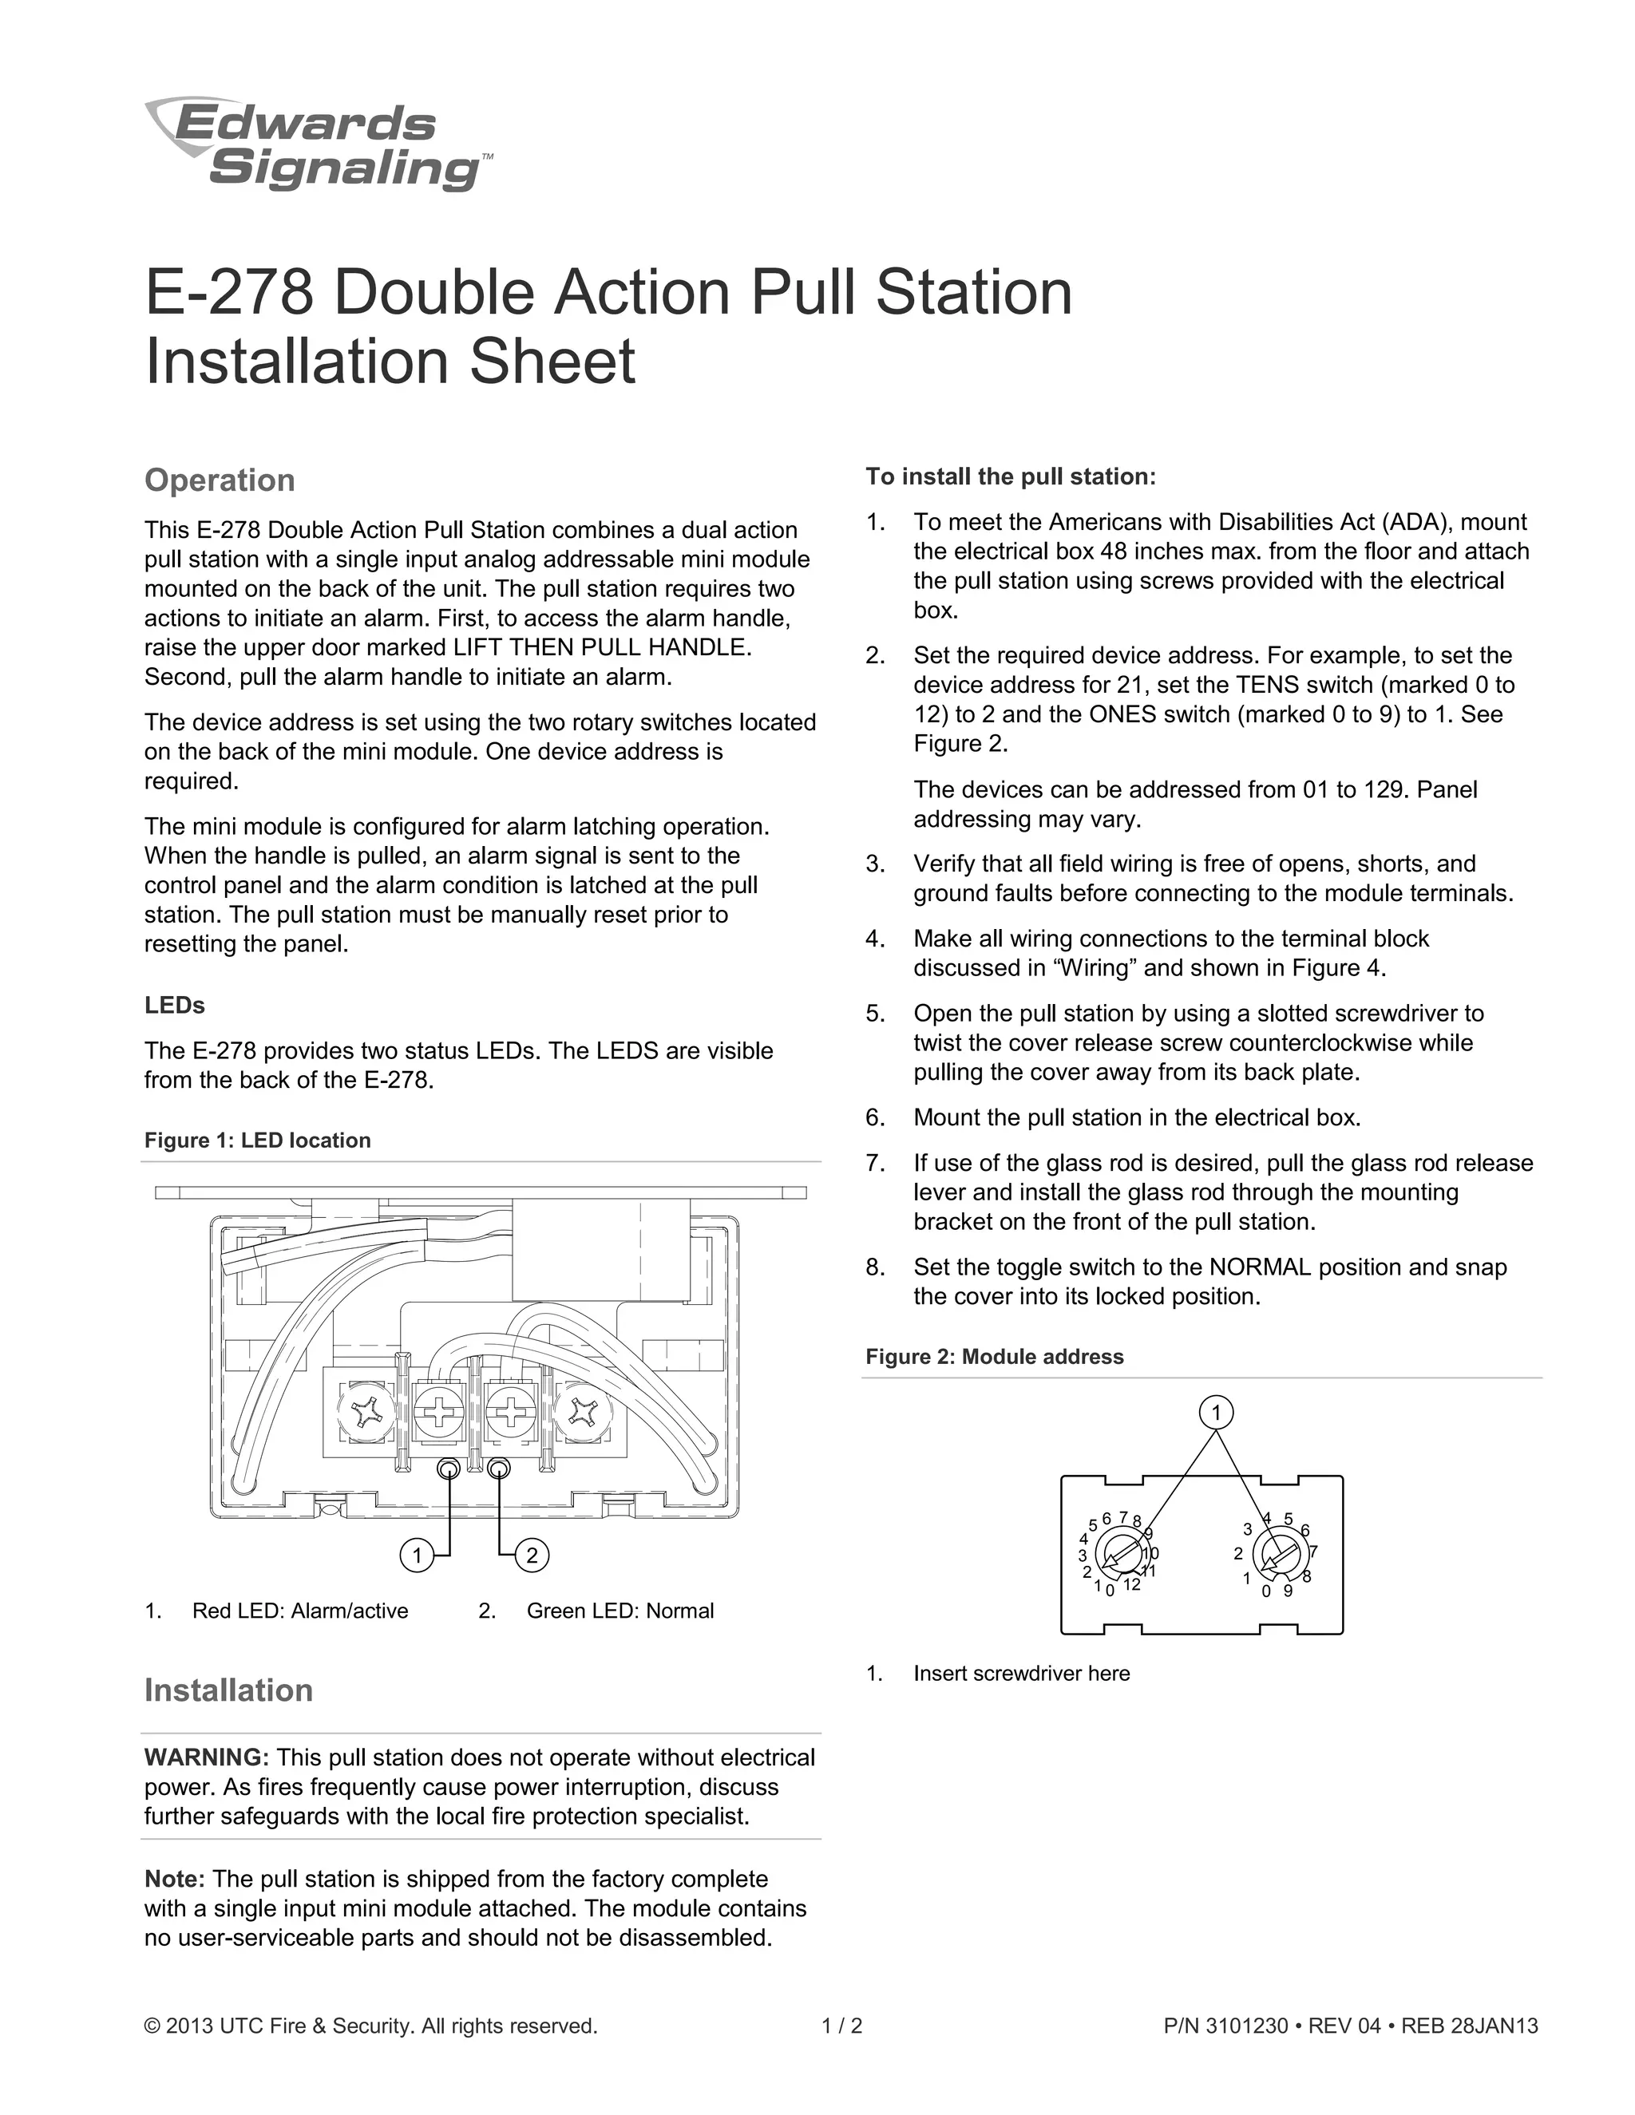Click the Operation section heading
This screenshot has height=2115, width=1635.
(219, 480)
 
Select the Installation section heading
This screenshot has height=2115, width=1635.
(228, 1690)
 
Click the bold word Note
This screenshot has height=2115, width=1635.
(174, 1879)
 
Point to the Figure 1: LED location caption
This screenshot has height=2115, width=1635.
(258, 1141)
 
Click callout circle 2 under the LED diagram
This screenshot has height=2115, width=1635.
(532, 1556)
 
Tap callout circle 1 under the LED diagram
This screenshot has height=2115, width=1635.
(417, 1556)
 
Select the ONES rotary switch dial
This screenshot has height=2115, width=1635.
(1277, 1553)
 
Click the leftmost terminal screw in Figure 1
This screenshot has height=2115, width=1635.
(367, 1416)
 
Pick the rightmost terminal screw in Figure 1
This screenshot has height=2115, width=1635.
(586, 1416)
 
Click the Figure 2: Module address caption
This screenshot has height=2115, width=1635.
(995, 1357)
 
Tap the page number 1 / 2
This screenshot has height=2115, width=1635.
(841, 2026)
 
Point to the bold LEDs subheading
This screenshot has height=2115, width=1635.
(174, 1005)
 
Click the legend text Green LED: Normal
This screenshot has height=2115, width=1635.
(620, 1611)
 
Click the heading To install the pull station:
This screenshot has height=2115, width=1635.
(1010, 476)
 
